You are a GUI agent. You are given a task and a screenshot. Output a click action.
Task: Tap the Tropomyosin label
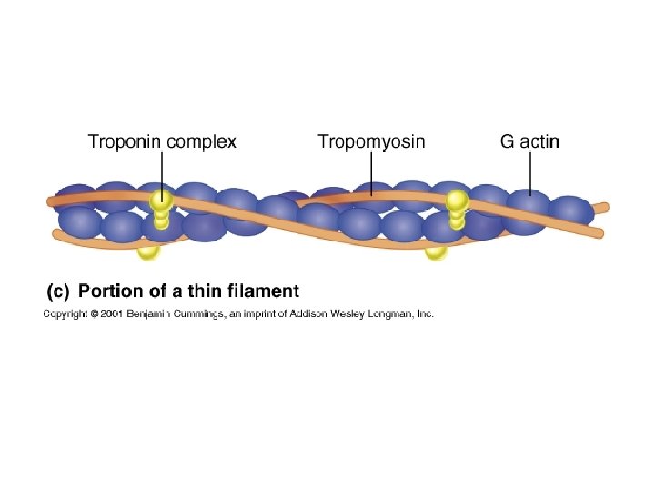[371, 141]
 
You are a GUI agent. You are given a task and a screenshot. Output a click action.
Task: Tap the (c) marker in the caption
[57, 292]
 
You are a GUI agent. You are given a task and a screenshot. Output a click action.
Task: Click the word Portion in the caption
[106, 292]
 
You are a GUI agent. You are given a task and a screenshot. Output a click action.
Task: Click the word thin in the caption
[208, 292]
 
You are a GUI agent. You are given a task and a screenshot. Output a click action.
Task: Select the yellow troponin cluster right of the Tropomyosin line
[456, 208]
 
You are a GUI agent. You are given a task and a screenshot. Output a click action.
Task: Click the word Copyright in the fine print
[63, 314]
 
